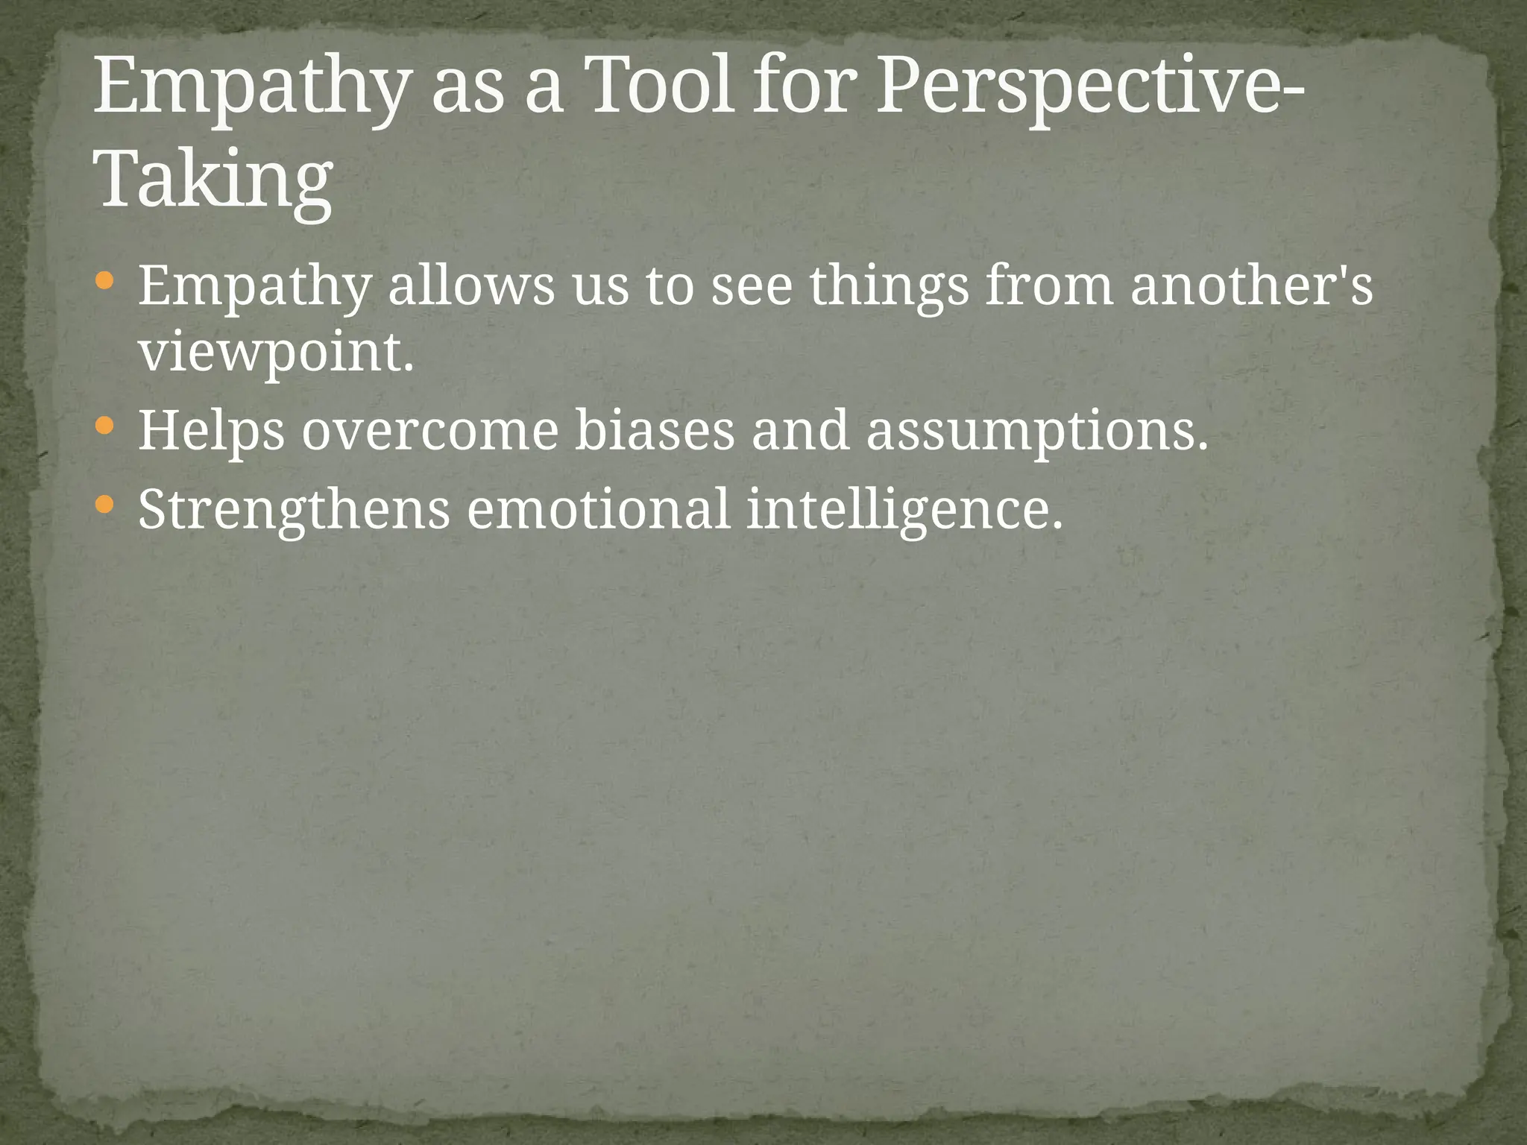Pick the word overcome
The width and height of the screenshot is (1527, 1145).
tap(430, 432)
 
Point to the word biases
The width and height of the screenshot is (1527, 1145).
tap(654, 432)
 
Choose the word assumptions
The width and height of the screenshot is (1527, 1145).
tap(1036, 432)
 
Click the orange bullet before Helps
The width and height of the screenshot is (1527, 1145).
tap(105, 427)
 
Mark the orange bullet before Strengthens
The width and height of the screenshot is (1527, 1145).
tap(105, 505)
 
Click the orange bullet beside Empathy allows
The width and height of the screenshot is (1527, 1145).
tap(105, 282)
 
